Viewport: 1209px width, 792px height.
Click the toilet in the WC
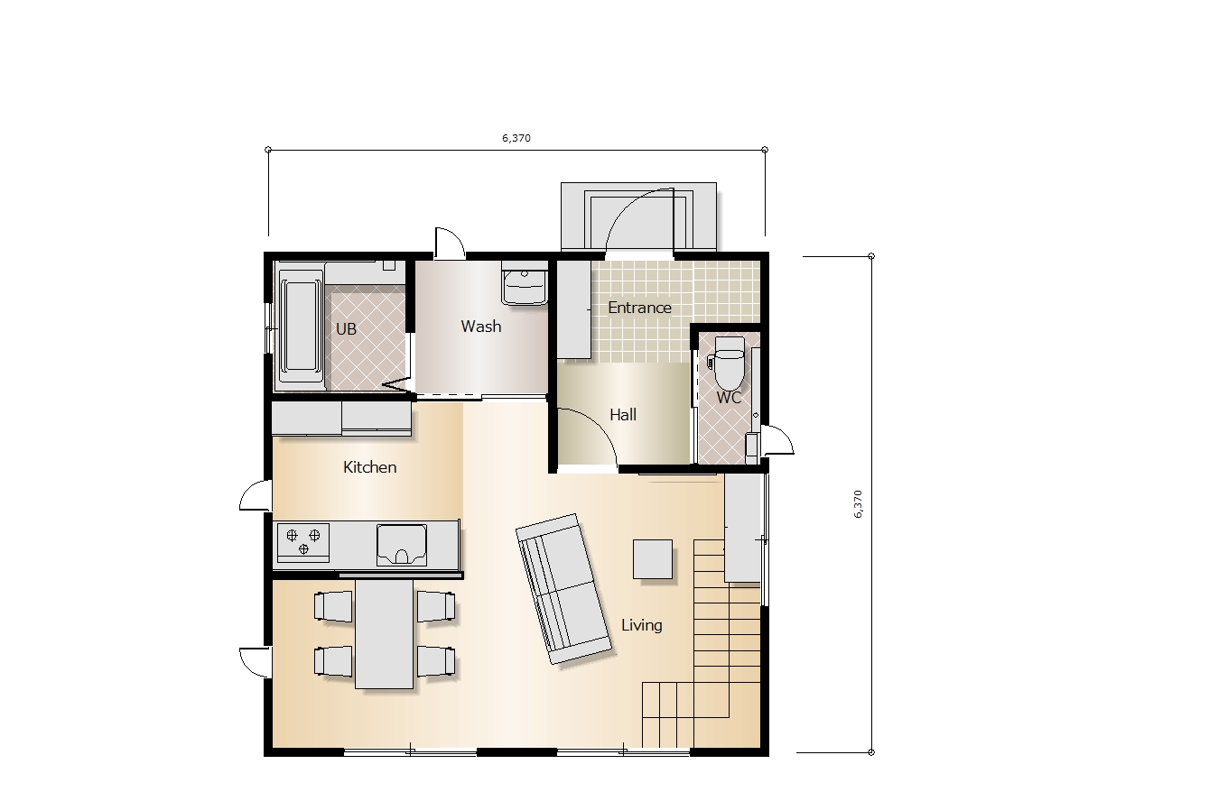tap(729, 363)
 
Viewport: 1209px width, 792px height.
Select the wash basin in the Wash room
tap(525, 283)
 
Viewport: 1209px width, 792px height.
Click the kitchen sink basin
tap(402, 545)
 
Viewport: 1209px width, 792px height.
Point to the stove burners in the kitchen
tap(303, 541)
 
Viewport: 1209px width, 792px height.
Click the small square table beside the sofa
tap(653, 559)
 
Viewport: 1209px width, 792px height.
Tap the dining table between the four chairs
tap(385, 633)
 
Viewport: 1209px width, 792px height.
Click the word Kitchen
tap(369, 467)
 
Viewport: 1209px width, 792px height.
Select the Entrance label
tap(639, 308)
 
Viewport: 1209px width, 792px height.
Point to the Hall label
tap(623, 415)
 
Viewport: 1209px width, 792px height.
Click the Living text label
tap(642, 625)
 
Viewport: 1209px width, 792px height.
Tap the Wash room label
tap(481, 327)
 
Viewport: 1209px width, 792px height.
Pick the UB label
tap(346, 329)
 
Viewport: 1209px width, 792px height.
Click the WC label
tap(729, 398)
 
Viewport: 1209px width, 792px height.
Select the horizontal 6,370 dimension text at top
tap(516, 138)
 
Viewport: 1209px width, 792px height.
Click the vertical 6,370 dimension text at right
tap(858, 504)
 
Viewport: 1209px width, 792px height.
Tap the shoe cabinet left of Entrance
tap(574, 309)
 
